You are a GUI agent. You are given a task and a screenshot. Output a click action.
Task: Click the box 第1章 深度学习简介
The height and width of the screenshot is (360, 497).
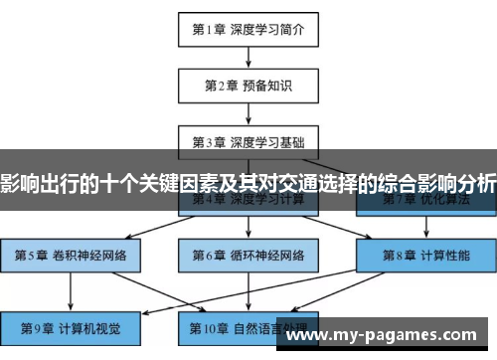pyautogui.click(x=248, y=29)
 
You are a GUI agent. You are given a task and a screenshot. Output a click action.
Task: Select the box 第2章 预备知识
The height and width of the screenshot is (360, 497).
pyautogui.click(x=248, y=85)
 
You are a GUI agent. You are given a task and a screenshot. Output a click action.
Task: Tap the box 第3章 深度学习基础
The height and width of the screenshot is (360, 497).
pyautogui.click(x=248, y=140)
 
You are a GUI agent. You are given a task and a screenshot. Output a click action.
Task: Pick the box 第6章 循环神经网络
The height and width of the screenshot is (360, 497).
pyautogui.click(x=248, y=255)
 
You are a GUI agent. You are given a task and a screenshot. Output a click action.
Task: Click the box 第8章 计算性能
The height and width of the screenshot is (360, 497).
pyautogui.click(x=425, y=255)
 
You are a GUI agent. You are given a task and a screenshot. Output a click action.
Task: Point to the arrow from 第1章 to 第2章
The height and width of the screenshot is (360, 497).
pyautogui.click(x=248, y=57)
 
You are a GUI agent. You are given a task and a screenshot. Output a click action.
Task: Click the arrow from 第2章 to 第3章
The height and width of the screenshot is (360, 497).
pyautogui.click(x=248, y=112)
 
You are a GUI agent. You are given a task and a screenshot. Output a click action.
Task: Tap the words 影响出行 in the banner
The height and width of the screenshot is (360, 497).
pyautogui.click(x=40, y=182)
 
